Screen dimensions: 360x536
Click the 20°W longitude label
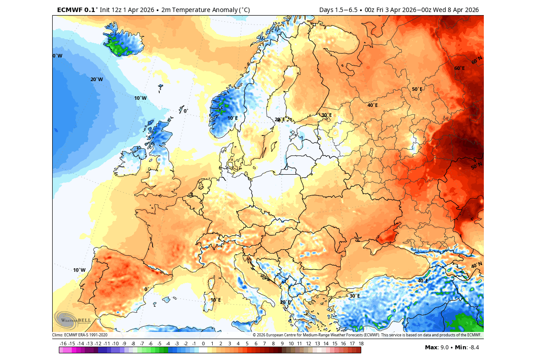click(x=97, y=79)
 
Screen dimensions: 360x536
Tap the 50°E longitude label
click(x=416, y=89)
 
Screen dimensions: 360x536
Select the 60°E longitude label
click(x=459, y=68)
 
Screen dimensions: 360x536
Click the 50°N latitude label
click(x=477, y=166)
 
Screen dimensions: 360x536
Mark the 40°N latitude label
click(x=477, y=266)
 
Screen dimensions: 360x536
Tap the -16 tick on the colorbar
click(x=63, y=344)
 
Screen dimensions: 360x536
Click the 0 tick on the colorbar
click(x=203, y=344)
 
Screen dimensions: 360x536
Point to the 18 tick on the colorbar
click(x=361, y=344)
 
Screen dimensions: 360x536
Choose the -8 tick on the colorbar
click(x=133, y=344)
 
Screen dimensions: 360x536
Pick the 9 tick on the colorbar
click(x=282, y=344)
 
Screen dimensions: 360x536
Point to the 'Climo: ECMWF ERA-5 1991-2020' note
click(x=80, y=335)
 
